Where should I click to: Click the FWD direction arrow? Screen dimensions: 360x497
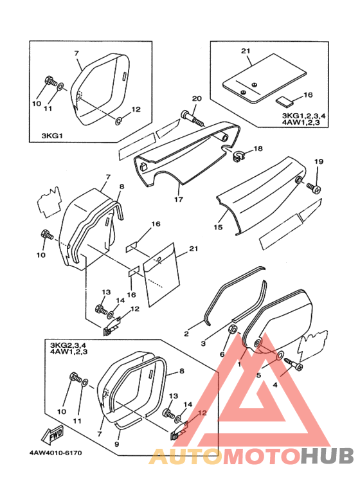point(52,435)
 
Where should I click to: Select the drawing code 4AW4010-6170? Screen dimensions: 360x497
point(56,453)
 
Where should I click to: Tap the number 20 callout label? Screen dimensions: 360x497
point(197,98)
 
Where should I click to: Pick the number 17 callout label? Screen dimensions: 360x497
point(179,199)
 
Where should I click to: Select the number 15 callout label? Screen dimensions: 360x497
point(218,227)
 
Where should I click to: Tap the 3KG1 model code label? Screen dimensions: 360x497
point(52,136)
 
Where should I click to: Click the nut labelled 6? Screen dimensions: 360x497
point(233,329)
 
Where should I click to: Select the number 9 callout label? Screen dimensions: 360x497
point(116,444)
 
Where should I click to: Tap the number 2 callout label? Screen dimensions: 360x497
point(186,334)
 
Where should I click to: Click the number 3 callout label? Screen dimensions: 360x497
point(203,343)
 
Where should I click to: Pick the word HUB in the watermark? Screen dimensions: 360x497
point(327,456)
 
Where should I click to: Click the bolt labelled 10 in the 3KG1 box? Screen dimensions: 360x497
point(51,81)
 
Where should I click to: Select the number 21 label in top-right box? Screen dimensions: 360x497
point(246,50)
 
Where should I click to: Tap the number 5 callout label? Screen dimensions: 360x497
point(258,375)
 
